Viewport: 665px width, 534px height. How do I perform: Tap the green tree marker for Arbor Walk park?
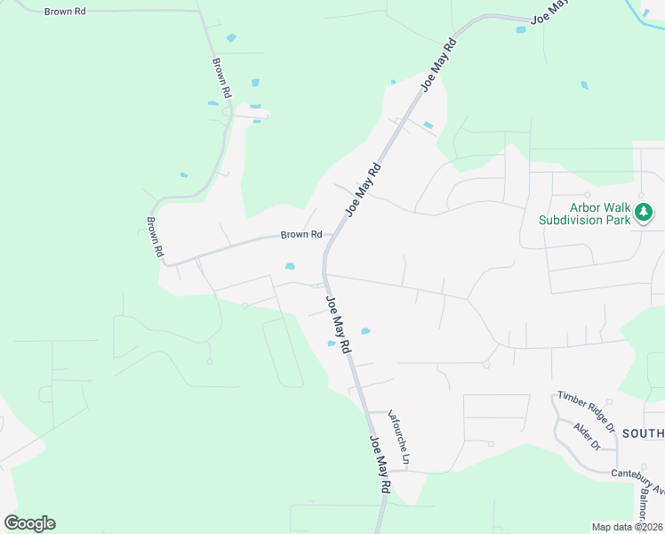click(644, 213)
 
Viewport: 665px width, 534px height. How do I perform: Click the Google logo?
click(29, 523)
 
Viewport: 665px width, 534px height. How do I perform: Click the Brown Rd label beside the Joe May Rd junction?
click(300, 235)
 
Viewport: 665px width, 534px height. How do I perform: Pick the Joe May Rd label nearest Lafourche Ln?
click(380, 464)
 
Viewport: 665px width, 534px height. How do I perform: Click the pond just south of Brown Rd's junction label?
click(289, 266)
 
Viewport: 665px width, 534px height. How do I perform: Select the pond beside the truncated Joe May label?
click(521, 29)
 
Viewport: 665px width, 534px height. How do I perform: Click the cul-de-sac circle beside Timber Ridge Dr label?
click(608, 402)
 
